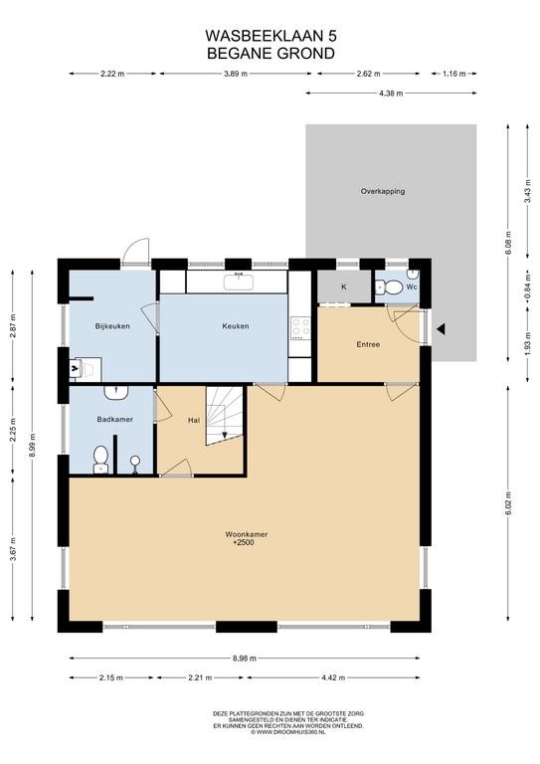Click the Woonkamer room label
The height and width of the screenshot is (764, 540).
pos(247,534)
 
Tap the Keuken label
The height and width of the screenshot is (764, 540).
pos(235,326)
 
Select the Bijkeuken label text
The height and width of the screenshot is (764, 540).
pos(112,326)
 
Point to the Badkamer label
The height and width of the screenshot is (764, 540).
pos(115,419)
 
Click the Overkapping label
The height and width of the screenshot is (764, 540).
pos(383,191)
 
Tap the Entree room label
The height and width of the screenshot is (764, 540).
pos(368,344)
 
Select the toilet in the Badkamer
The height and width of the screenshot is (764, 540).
pos(100,460)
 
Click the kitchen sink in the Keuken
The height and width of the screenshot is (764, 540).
pos(239,282)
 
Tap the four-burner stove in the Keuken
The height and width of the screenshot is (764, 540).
pos(300,327)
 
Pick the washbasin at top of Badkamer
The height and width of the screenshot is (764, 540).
pos(116,393)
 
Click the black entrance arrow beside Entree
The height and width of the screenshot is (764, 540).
pos(441,329)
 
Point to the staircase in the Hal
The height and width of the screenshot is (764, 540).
pos(225,416)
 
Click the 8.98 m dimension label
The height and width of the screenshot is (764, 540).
pos(245,658)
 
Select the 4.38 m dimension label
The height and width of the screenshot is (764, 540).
pos(391,94)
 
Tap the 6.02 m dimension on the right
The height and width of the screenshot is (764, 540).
pos(508,503)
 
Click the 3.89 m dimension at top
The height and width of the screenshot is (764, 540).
pos(236,74)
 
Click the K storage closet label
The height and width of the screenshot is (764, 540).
pos(344,286)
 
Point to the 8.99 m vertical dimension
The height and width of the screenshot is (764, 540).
pos(32,446)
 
